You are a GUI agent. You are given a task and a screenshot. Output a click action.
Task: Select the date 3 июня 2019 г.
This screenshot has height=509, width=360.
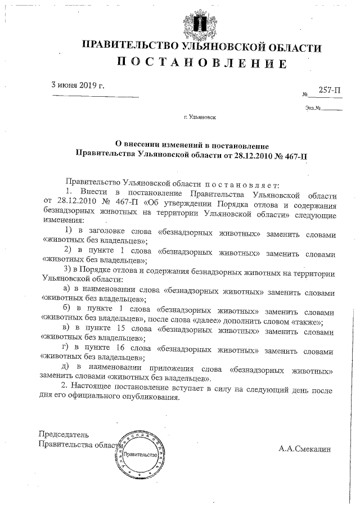coord(78,86)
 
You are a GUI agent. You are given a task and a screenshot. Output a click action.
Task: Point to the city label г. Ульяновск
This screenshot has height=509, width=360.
coord(199,118)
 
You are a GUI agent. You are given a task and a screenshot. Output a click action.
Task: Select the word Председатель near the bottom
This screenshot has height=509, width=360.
coord(64,435)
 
